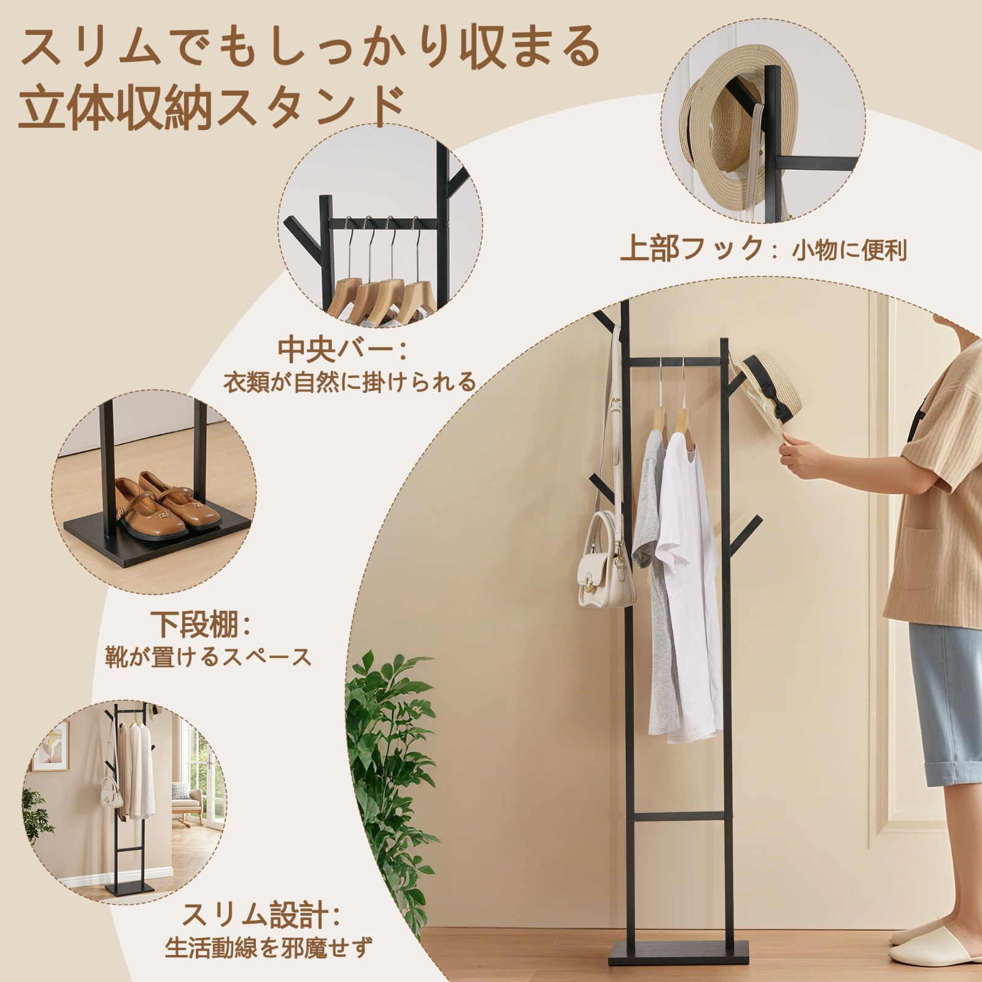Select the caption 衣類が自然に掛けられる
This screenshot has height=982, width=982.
350,382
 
